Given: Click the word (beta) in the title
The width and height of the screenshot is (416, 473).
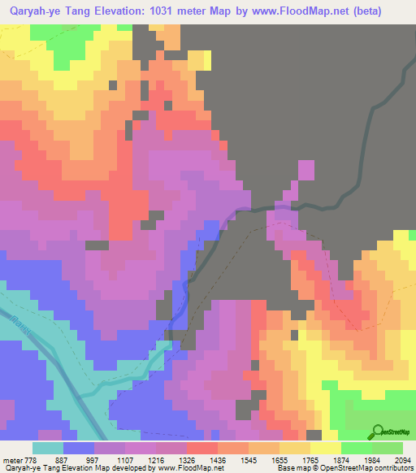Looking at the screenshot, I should click(x=362, y=11).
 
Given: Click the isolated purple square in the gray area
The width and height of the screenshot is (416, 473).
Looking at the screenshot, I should click(x=306, y=171).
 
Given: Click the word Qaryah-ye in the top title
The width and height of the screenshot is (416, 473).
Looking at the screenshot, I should click(x=36, y=11).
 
